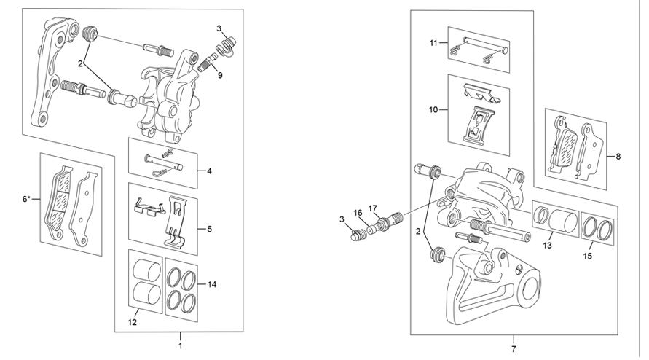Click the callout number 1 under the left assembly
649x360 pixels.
(x=180, y=345)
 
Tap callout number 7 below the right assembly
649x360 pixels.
(x=514, y=349)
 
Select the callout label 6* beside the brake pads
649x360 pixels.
(x=26, y=199)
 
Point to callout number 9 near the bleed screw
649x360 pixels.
(x=220, y=75)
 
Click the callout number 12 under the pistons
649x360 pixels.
(x=132, y=323)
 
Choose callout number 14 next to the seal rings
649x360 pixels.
(x=212, y=284)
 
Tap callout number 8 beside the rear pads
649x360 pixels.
(x=618, y=157)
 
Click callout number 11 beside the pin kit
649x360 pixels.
(x=433, y=43)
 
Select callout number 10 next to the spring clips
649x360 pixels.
(x=433, y=110)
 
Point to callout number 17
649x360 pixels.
(x=373, y=208)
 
